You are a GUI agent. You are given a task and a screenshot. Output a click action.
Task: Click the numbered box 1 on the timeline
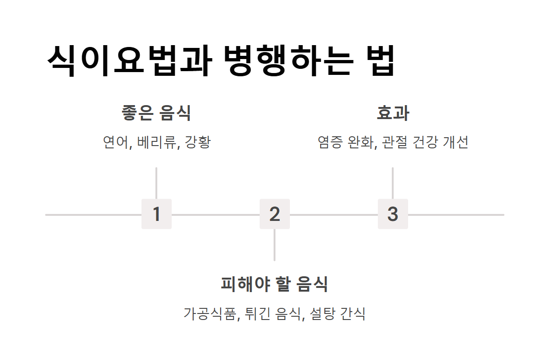156,214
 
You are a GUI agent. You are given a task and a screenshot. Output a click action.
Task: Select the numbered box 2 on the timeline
275,214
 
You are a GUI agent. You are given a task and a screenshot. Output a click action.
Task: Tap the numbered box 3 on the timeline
393,214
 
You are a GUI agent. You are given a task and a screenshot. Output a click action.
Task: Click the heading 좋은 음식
156,113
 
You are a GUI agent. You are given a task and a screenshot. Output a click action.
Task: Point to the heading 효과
393,113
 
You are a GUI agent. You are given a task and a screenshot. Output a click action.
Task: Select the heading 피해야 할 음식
275,284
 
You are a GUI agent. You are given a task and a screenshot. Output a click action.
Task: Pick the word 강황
198,142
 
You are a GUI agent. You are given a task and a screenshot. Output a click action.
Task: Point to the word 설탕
322,313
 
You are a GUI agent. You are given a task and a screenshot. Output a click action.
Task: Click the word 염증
330,142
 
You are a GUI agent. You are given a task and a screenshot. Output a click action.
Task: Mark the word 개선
456,142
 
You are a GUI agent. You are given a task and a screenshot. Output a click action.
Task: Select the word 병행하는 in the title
287,61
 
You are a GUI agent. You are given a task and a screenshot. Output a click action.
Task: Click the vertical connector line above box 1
156,183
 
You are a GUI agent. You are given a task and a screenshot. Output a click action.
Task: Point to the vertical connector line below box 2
275,245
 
